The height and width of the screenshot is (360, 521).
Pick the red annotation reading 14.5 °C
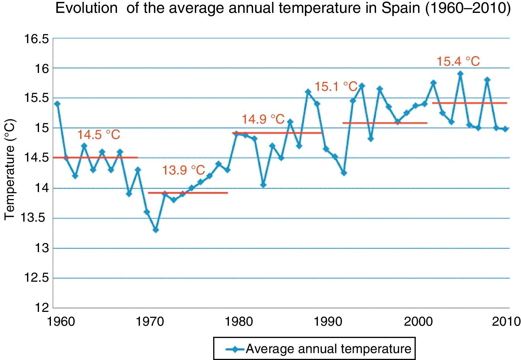click(x=99, y=135)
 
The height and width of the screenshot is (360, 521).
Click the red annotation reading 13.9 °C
click(x=184, y=170)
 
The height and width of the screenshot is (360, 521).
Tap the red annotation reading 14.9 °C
click(x=263, y=119)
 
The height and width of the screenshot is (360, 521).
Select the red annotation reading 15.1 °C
click(x=336, y=86)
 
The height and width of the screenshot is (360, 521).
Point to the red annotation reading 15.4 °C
click(x=458, y=61)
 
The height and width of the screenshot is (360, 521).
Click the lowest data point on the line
click(x=156, y=230)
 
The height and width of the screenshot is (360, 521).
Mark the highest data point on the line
click(x=460, y=74)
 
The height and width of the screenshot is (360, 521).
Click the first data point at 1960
click(x=57, y=104)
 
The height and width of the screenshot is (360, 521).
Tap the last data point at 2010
click(x=505, y=129)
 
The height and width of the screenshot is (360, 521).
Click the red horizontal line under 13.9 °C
click(x=188, y=193)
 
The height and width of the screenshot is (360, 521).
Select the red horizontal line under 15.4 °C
click(x=470, y=103)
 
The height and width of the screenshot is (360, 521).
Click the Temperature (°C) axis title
click(x=10, y=170)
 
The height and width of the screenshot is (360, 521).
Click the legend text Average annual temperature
click(x=329, y=349)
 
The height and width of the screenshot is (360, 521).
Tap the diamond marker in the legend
click(x=234, y=349)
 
